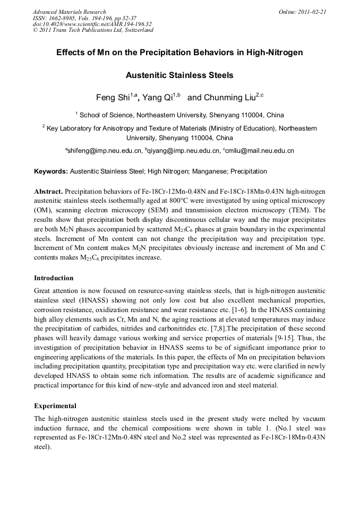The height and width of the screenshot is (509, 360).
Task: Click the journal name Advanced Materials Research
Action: pos(69,12)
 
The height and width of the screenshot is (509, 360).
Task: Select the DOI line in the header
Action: pos(92,24)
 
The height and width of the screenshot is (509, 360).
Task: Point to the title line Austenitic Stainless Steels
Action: pos(179,75)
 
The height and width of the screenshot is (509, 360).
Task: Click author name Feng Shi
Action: pos(113,98)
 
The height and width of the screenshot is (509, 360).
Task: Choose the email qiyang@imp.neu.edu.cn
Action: pos(184,151)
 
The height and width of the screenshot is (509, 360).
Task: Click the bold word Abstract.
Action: pos(48,191)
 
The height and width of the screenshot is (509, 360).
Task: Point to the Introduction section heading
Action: pos(54,278)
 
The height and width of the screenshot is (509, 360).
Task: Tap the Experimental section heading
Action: pos(55,406)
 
